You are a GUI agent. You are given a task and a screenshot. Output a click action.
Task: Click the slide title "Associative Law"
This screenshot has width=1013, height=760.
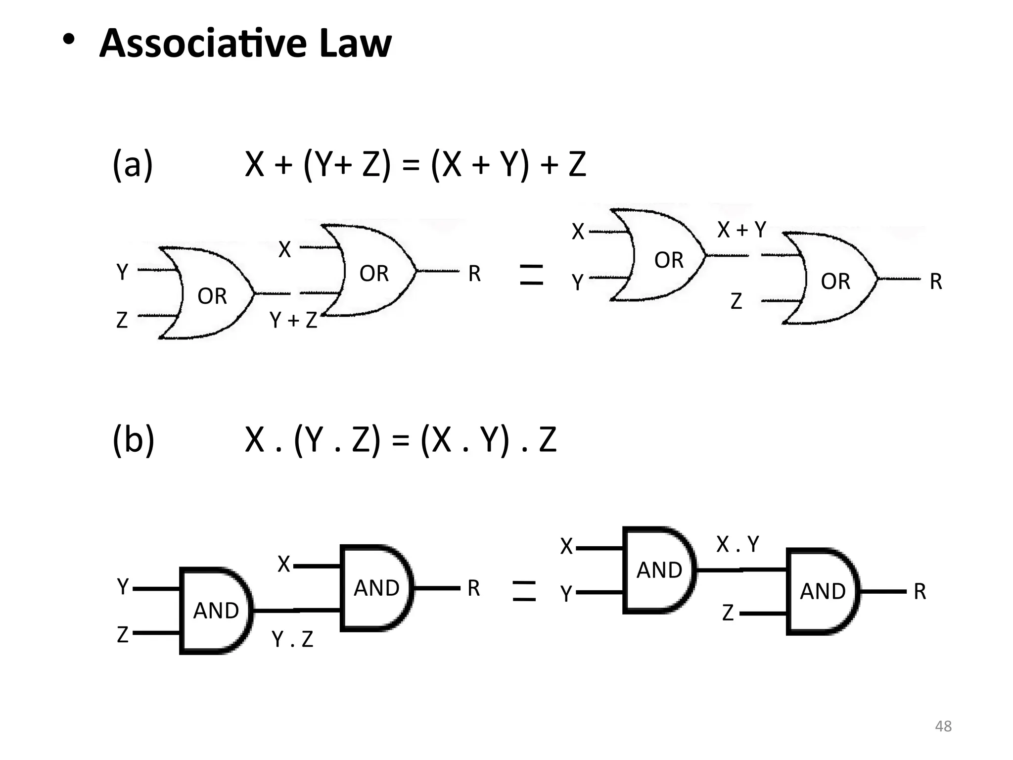[x=245, y=44]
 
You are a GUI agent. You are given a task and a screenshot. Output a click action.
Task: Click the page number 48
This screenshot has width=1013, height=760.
[x=943, y=726]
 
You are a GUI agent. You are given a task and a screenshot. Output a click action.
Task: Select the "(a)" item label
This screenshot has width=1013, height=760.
[x=133, y=164]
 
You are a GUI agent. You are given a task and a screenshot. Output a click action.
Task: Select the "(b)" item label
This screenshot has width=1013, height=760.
[x=133, y=439]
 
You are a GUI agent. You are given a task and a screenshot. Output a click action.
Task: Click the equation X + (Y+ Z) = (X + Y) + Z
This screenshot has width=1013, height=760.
[x=415, y=164]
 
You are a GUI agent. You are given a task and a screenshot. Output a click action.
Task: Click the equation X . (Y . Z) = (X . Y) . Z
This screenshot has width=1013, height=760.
[x=401, y=439]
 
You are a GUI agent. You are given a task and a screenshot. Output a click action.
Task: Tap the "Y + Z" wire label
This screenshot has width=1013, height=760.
[x=293, y=321]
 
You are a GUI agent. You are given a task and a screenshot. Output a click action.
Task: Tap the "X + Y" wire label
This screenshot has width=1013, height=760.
[x=741, y=230]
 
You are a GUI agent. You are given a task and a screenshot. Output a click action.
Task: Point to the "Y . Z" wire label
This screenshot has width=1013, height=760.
[x=292, y=639]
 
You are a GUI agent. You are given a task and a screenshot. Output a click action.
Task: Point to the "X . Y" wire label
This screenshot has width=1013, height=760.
[x=737, y=544]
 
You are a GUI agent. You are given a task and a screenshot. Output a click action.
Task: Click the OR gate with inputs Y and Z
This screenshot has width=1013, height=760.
[x=208, y=293]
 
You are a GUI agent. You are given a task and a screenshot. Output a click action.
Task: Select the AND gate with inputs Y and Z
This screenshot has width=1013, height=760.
[x=216, y=611]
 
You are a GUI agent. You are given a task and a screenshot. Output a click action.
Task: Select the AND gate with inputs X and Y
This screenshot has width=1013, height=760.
[x=659, y=570]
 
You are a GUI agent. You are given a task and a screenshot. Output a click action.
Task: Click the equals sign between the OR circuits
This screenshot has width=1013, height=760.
[x=532, y=275]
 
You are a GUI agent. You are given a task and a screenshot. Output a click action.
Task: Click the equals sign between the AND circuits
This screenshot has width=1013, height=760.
[x=524, y=591]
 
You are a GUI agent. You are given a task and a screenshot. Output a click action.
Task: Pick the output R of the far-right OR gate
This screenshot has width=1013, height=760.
[x=936, y=282]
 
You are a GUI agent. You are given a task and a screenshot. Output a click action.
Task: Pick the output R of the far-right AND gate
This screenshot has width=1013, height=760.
[x=920, y=591]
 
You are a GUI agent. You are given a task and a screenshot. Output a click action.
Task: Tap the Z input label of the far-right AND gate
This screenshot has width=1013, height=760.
[x=728, y=613]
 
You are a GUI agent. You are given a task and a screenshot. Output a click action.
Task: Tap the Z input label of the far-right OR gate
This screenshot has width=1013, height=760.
[x=736, y=301]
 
